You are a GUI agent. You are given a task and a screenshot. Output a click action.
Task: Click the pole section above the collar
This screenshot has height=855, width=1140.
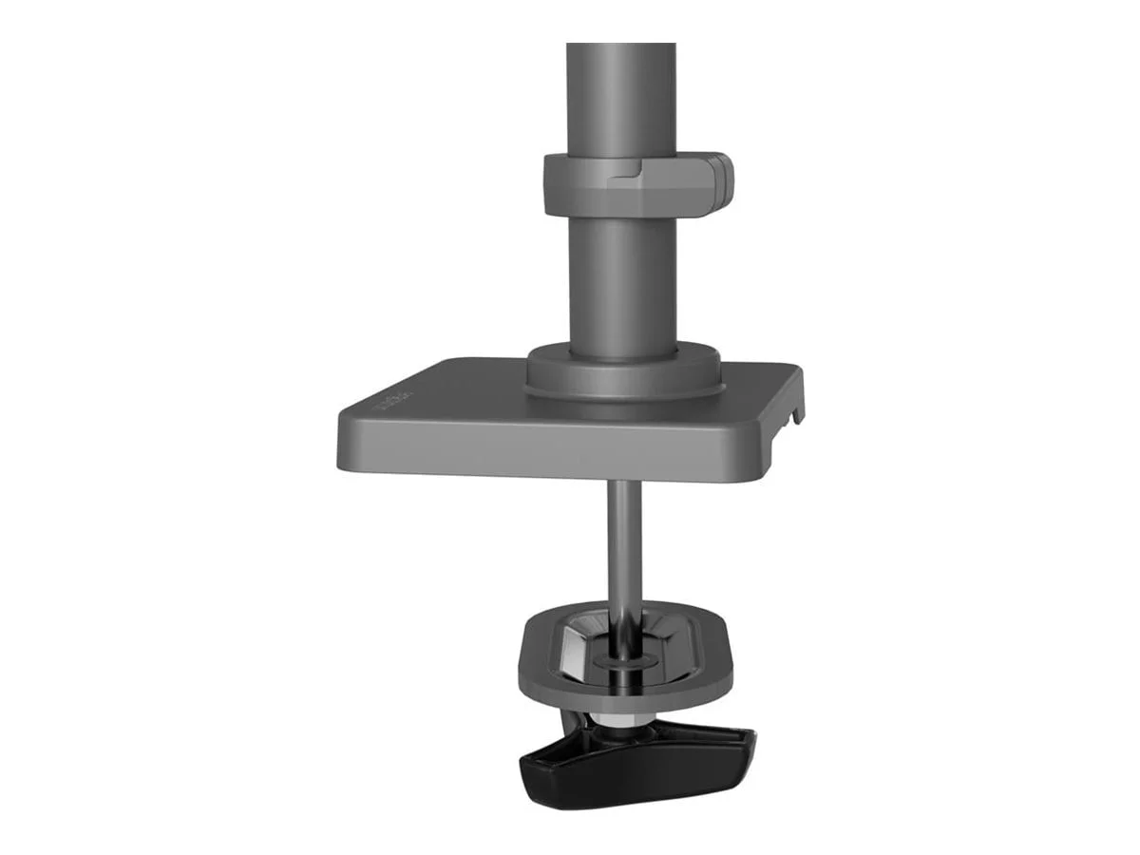(621, 95)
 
